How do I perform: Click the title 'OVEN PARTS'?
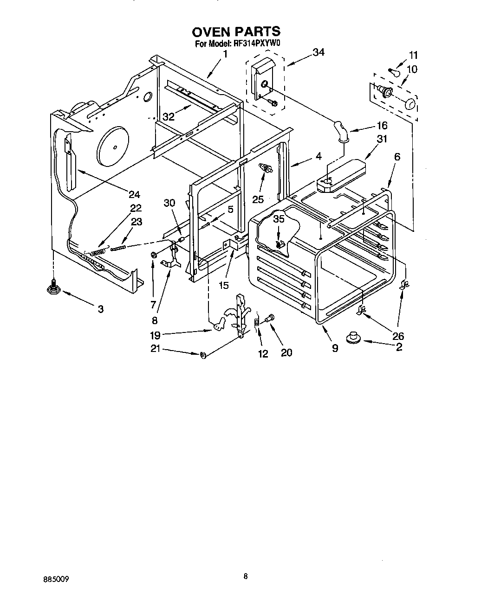[x=236, y=31]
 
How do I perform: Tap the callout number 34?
[x=318, y=52]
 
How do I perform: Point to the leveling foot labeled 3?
[x=54, y=288]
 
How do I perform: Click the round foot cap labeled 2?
[x=355, y=337]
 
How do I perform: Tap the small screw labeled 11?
[x=394, y=71]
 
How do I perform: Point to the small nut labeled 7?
[x=153, y=255]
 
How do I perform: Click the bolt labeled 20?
[x=270, y=319]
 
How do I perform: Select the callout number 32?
[x=168, y=116]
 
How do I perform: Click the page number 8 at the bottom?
[x=246, y=576]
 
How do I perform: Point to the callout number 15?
[x=224, y=285]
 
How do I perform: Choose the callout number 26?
[x=398, y=336]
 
